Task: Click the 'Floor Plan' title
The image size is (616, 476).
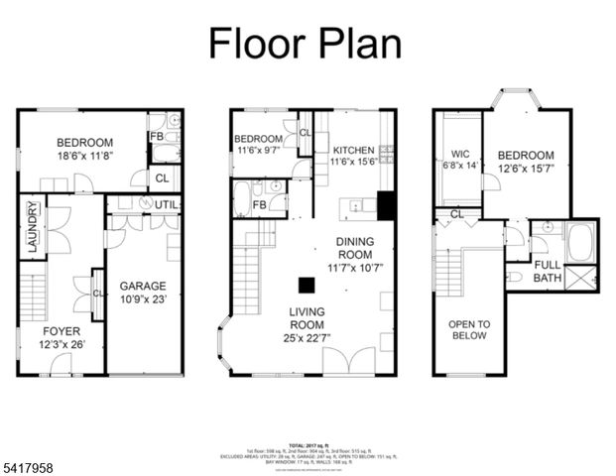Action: click(x=305, y=43)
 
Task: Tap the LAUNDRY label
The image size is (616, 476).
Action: click(x=33, y=228)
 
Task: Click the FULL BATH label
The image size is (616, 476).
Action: click(x=548, y=272)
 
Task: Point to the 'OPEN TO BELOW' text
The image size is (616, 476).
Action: click(x=468, y=329)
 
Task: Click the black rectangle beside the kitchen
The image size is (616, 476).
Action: click(x=386, y=204)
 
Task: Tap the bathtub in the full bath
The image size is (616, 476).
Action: click(x=579, y=241)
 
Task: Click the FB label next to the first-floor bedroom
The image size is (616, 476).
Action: click(x=156, y=137)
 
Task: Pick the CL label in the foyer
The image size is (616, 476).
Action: click(x=97, y=294)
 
